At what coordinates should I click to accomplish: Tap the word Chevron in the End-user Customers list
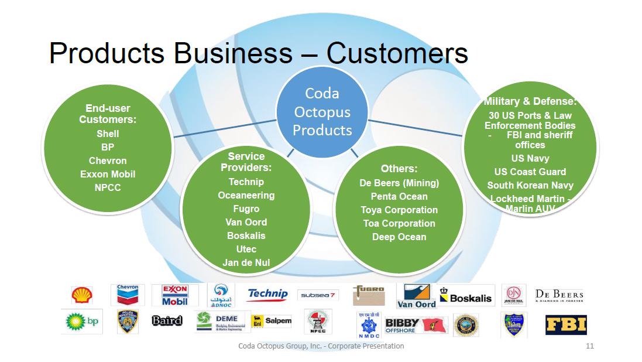coord(108,160)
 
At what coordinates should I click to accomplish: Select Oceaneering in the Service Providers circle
coord(246,195)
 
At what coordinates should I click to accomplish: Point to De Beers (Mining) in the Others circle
coord(399,183)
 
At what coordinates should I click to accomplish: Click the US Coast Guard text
coord(530,172)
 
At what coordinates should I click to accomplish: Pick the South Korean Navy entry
coord(530,186)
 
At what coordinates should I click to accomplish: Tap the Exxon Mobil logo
coord(174,295)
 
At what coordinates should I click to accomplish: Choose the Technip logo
coord(268,294)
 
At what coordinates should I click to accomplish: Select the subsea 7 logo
coord(318,295)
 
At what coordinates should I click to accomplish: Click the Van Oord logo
coord(417,296)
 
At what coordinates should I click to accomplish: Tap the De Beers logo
coord(559,295)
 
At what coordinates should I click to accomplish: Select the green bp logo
coord(82,322)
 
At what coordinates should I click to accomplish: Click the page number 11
coord(589,346)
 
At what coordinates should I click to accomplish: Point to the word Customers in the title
coord(397,53)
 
